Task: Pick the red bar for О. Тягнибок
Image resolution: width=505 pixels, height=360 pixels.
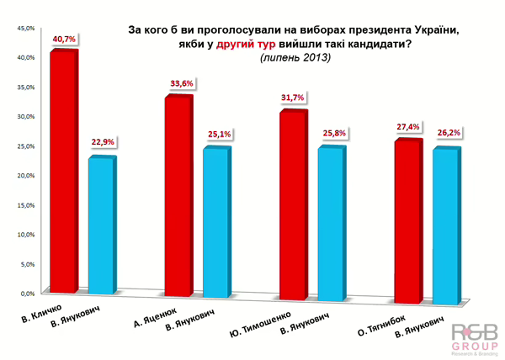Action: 407,219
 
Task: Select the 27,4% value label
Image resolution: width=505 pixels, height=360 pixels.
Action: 407,127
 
